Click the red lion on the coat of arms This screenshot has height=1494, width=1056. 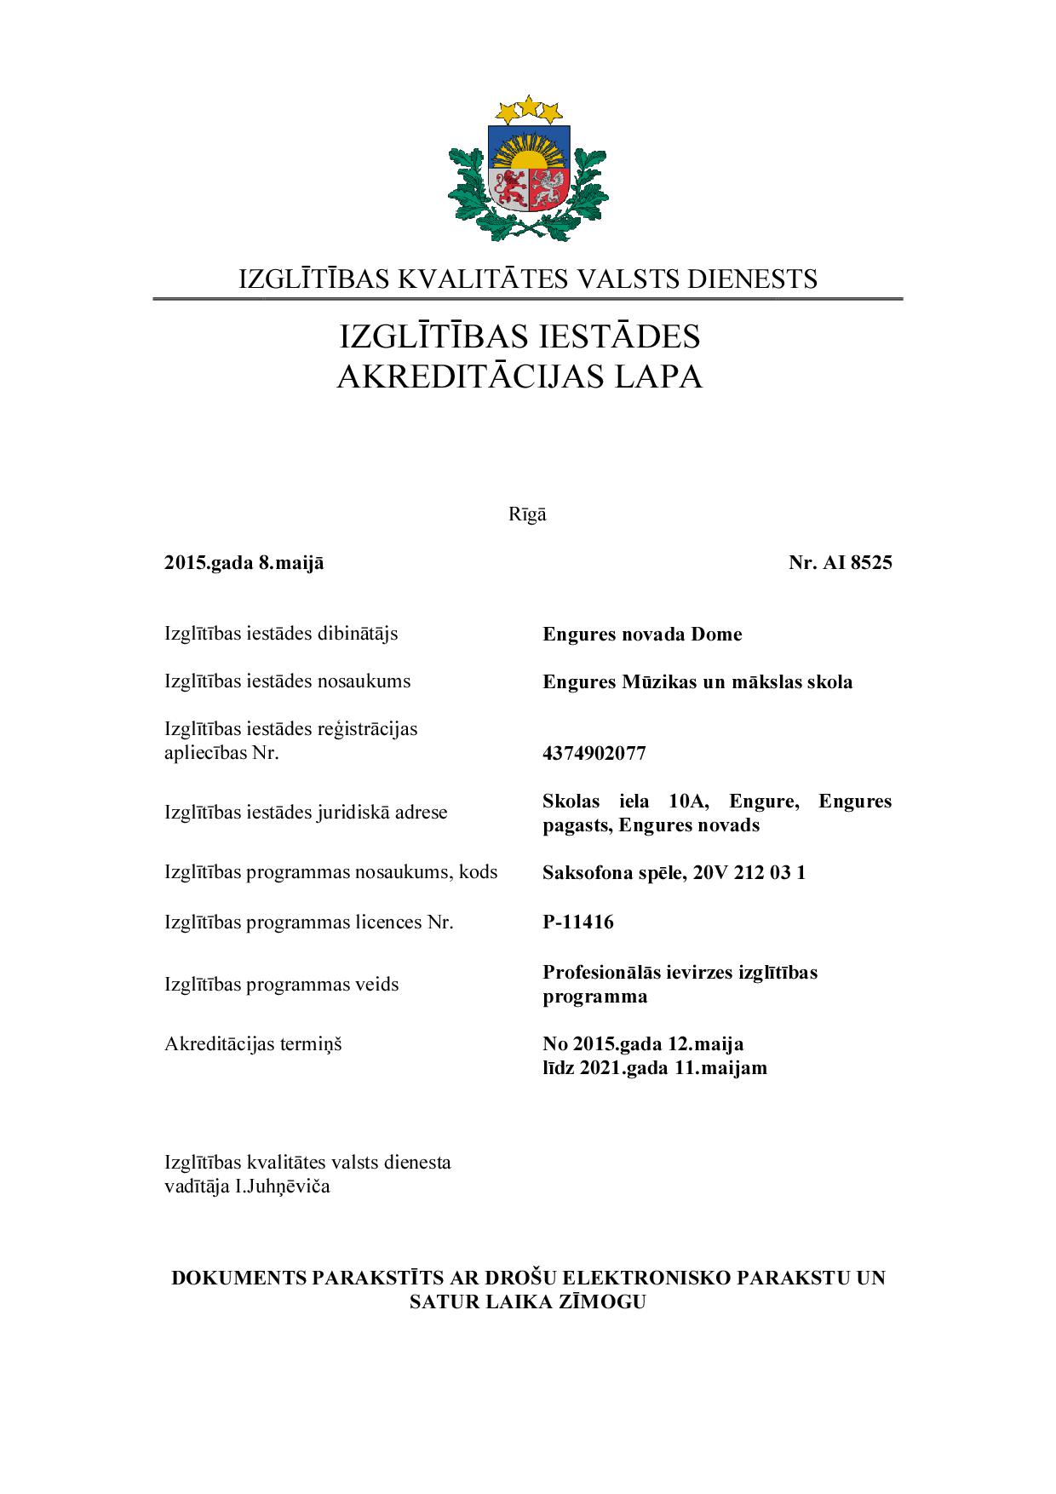pyautogui.click(x=510, y=188)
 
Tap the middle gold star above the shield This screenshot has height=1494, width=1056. pyautogui.click(x=529, y=106)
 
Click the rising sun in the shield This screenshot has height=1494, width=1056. pyautogui.click(x=529, y=158)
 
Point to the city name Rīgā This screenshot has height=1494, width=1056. pyautogui.click(x=527, y=514)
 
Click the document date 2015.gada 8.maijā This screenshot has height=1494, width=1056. pyautogui.click(x=244, y=563)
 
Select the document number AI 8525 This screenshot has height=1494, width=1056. pyautogui.click(x=857, y=563)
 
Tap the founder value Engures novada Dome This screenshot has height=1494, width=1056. pyautogui.click(x=642, y=635)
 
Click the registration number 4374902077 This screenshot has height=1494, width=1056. pyautogui.click(x=594, y=754)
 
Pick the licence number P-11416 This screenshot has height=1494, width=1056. pyautogui.click(x=578, y=922)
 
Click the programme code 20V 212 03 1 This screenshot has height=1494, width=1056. pyautogui.click(x=749, y=873)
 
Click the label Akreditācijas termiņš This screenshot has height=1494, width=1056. pyautogui.click(x=253, y=1044)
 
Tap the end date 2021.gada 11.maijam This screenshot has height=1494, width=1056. pyautogui.click(x=673, y=1068)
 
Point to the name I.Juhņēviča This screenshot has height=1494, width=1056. pyautogui.click(x=282, y=1187)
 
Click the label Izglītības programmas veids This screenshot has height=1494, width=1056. pyautogui.click(x=281, y=985)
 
